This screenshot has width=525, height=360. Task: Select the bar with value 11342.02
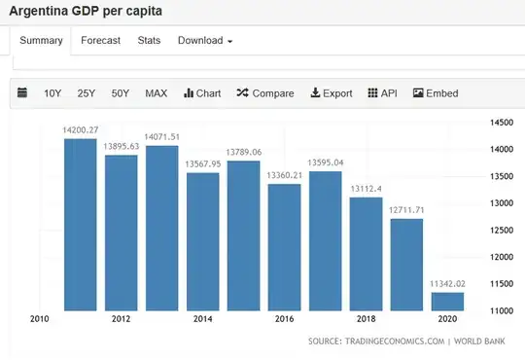(x=448, y=301)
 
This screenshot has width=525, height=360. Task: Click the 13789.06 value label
(x=244, y=152)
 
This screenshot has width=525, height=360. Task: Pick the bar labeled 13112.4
(x=367, y=254)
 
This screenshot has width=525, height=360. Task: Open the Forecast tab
(x=100, y=40)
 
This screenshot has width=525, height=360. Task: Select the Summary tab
(x=41, y=40)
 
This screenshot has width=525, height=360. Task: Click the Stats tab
(x=149, y=40)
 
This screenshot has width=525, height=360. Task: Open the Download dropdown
(x=204, y=40)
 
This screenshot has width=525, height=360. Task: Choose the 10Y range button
(x=52, y=93)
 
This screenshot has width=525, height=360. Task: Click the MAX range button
(x=156, y=93)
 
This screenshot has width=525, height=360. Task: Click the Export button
(x=332, y=93)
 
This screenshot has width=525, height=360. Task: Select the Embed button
(x=436, y=93)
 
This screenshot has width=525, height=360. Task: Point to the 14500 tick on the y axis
(x=501, y=123)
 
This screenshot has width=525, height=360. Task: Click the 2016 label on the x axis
(x=284, y=319)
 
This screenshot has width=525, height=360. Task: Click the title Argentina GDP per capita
(x=86, y=12)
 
